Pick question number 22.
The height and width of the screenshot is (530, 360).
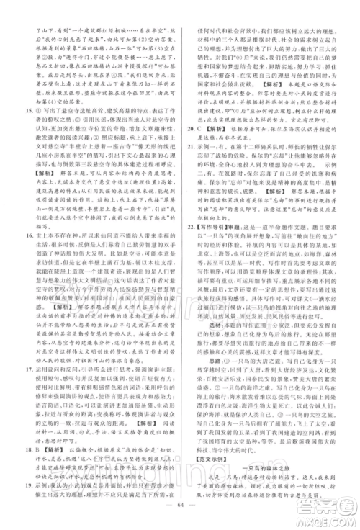pyautogui.click(x=191, y=305)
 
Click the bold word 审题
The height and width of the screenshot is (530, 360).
pyautogui.click(x=243, y=305)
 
